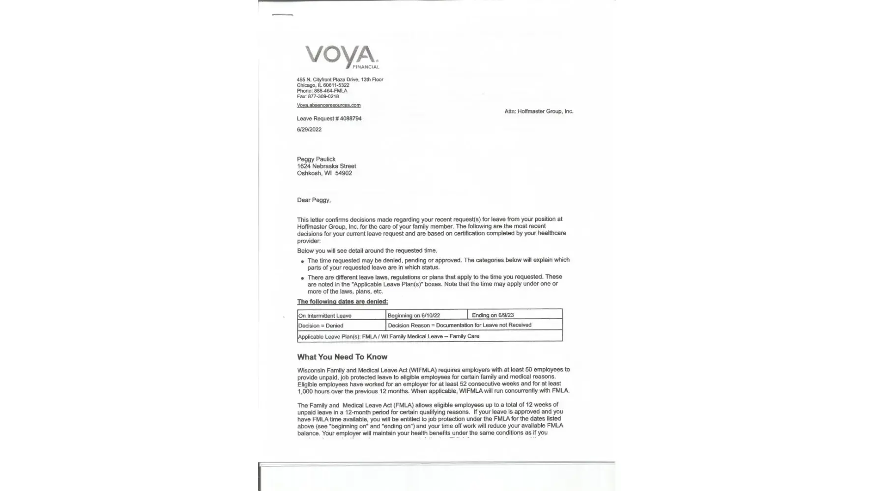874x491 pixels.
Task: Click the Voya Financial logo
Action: click(x=342, y=56)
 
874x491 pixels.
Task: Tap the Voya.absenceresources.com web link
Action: click(x=328, y=105)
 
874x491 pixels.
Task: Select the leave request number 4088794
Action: click(x=350, y=118)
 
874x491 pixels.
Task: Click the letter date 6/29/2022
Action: click(x=309, y=130)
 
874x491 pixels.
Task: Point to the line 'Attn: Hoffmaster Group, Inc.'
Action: click(x=538, y=111)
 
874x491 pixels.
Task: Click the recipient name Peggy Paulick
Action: click(x=316, y=159)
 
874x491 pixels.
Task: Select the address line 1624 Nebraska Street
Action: click(x=326, y=166)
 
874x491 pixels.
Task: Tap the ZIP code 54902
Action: click(x=344, y=173)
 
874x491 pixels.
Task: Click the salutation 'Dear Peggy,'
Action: click(x=314, y=200)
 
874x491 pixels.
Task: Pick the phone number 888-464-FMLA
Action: click(x=330, y=91)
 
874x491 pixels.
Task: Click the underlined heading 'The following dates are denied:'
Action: click(x=342, y=301)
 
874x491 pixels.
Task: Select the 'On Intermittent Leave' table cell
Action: click(x=341, y=315)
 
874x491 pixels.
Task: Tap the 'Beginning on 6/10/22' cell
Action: click(x=426, y=315)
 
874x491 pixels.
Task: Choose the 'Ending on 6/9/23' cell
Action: click(x=514, y=315)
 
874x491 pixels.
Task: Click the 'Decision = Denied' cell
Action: click(x=341, y=326)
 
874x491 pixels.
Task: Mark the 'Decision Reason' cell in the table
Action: click(x=474, y=325)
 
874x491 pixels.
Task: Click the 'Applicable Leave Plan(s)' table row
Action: click(x=430, y=336)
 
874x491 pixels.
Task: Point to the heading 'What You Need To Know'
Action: click(x=342, y=357)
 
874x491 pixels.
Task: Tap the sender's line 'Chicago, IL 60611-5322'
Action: click(x=323, y=85)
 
